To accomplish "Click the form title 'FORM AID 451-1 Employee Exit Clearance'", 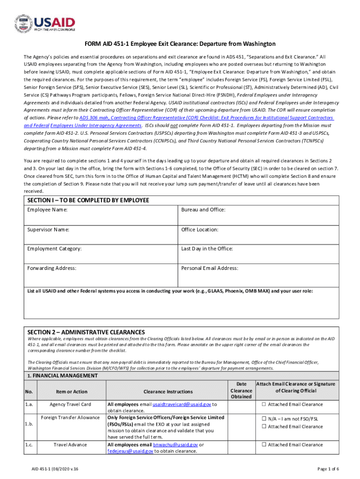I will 180,44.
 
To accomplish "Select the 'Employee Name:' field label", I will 47,210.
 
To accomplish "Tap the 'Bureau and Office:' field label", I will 203,210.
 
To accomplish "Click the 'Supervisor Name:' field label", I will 48,230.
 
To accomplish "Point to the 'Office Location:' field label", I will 200,230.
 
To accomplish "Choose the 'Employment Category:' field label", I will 54,249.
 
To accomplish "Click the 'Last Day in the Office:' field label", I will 207,249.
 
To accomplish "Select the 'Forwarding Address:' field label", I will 52,269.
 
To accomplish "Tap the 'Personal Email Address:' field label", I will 209,269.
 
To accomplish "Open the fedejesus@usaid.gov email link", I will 130,451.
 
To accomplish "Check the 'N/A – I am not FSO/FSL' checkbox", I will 264,419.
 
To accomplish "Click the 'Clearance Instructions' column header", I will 167,392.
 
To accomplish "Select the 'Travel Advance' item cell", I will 71,445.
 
